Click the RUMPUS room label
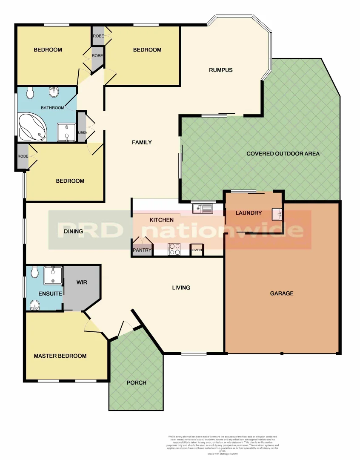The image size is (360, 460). coord(220,70)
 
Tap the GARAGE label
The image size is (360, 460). coord(281,293)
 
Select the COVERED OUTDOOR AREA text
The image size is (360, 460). coord(283,153)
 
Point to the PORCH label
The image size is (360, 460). coord(136,382)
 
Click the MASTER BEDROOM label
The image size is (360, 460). coord(60,356)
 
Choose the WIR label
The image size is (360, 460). coord(82,282)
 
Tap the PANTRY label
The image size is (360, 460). coord(142,250)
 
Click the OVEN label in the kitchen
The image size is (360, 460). coord(197,250)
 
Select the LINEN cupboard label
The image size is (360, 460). coord(82,132)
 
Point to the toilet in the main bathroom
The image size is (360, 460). coord(30,92)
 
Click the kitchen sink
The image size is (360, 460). coord(202,209)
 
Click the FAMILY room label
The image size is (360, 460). coord(142,142)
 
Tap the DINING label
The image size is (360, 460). coord(74,231)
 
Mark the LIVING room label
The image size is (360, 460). coord(181,287)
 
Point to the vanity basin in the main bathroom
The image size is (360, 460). coord(54,92)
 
